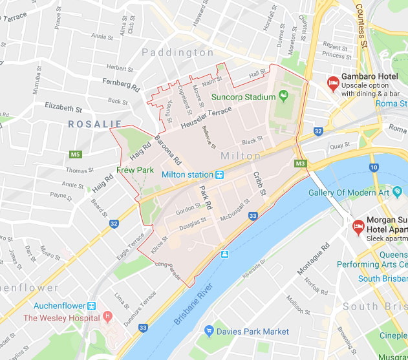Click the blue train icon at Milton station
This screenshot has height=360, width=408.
pyautogui.click(x=220, y=175)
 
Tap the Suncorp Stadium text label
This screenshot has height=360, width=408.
pyautogui.click(x=244, y=98)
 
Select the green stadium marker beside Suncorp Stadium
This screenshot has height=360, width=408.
pyautogui.click(x=283, y=97)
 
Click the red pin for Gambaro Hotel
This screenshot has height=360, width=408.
pyautogui.click(x=332, y=83)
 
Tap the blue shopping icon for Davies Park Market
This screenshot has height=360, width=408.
pyautogui.click(x=209, y=332)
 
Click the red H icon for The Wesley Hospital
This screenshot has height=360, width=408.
pyautogui.click(x=108, y=318)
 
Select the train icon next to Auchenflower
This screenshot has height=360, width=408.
pyautogui.click(x=92, y=306)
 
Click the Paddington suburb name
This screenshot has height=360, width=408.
pyautogui.click(x=178, y=52)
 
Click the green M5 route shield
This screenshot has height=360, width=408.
pyautogui.click(x=76, y=154)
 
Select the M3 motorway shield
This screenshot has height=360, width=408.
pyautogui.click(x=300, y=164)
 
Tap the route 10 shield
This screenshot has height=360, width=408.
pyautogui.click(x=374, y=167)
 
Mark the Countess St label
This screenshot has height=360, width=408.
pyautogui.click(x=361, y=26)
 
